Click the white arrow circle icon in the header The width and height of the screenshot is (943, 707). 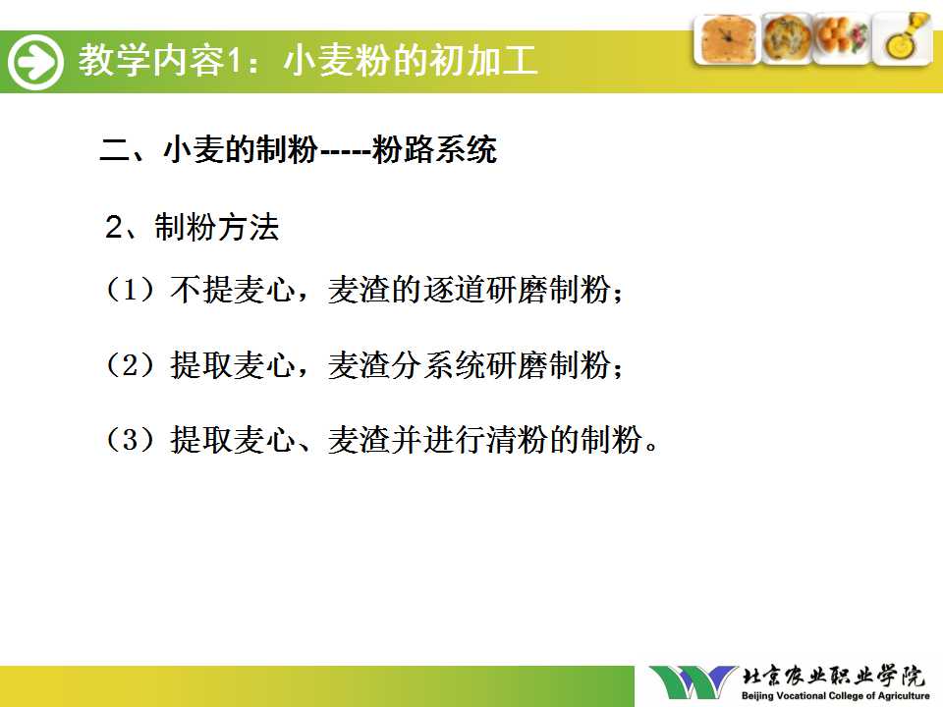tap(35, 62)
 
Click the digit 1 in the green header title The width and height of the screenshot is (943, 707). tap(234, 61)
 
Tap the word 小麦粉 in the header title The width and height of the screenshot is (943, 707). tap(336, 61)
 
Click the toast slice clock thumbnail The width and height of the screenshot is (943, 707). tap(727, 39)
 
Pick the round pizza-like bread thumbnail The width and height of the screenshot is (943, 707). tap(787, 38)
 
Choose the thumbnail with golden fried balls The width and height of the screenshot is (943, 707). tap(842, 38)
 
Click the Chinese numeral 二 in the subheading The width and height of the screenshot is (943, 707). tap(115, 149)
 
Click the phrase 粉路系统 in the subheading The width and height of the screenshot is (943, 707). tap(433, 149)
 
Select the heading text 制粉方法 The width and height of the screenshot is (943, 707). tap(217, 227)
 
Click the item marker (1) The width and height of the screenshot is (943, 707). tap(131, 289)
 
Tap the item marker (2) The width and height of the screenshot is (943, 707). tap(131, 364)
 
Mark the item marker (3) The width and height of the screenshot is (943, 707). tap(131, 440)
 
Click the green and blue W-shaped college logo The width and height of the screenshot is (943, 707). tap(693, 683)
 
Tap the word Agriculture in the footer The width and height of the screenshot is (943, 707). tap(904, 696)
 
